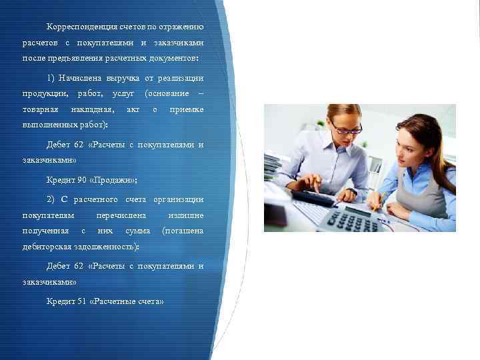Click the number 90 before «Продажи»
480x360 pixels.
click(x=83, y=180)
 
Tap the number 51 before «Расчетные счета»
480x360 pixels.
click(x=83, y=301)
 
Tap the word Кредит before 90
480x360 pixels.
click(x=60, y=180)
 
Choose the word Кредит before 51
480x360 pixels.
click(x=60, y=301)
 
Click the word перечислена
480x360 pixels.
click(x=121, y=215)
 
